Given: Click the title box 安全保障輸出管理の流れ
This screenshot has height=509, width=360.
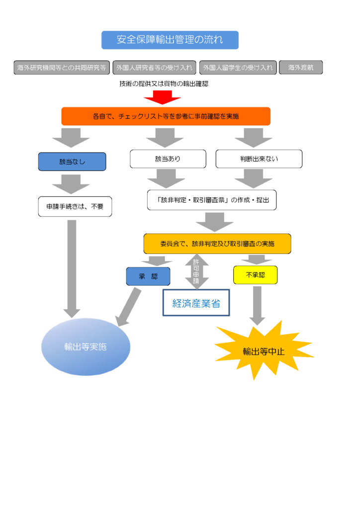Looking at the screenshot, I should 170,40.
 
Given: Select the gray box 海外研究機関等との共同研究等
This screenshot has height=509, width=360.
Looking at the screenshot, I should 62,68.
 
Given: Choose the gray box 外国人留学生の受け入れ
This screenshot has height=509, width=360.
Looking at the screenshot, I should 238,68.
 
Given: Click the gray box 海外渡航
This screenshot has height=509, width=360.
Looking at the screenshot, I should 301,68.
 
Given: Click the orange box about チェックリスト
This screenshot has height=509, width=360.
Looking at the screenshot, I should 166,116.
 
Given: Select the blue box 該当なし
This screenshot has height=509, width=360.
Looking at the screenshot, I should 72,162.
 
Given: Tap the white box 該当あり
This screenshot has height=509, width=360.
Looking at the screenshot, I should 168,159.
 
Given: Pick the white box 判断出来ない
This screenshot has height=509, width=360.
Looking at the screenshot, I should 259,159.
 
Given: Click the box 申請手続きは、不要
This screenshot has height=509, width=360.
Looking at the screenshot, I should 75,206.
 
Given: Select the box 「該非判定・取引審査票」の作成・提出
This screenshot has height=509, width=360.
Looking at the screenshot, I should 212,200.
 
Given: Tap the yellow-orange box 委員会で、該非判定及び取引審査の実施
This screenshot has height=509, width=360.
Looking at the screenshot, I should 217,244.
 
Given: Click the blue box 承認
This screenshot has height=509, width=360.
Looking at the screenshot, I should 148,276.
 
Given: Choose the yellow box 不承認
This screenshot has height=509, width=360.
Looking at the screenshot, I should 255,274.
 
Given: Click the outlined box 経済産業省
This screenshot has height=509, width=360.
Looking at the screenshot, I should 196,303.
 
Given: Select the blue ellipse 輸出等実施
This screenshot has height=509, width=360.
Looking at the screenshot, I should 86,346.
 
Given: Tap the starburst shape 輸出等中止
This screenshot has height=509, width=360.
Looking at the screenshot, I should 263,351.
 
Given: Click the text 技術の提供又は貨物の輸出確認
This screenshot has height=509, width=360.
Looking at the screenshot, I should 164,84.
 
